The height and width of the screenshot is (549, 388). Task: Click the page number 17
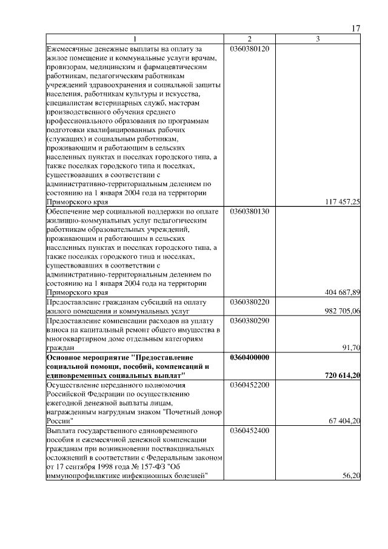pyautogui.click(x=356, y=29)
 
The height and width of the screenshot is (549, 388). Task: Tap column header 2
pyautogui.click(x=250, y=39)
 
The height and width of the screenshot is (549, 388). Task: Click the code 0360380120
pyautogui.click(x=249, y=47)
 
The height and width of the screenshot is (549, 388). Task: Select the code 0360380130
pyautogui.click(x=249, y=212)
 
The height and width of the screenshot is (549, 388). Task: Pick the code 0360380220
pyautogui.click(x=249, y=301)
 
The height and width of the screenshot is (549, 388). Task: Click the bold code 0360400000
pyautogui.click(x=249, y=358)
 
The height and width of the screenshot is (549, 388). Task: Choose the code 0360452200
pyautogui.click(x=249, y=385)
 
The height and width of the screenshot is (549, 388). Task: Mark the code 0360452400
pyautogui.click(x=249, y=431)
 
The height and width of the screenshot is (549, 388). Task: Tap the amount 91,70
pyautogui.click(x=351, y=348)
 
